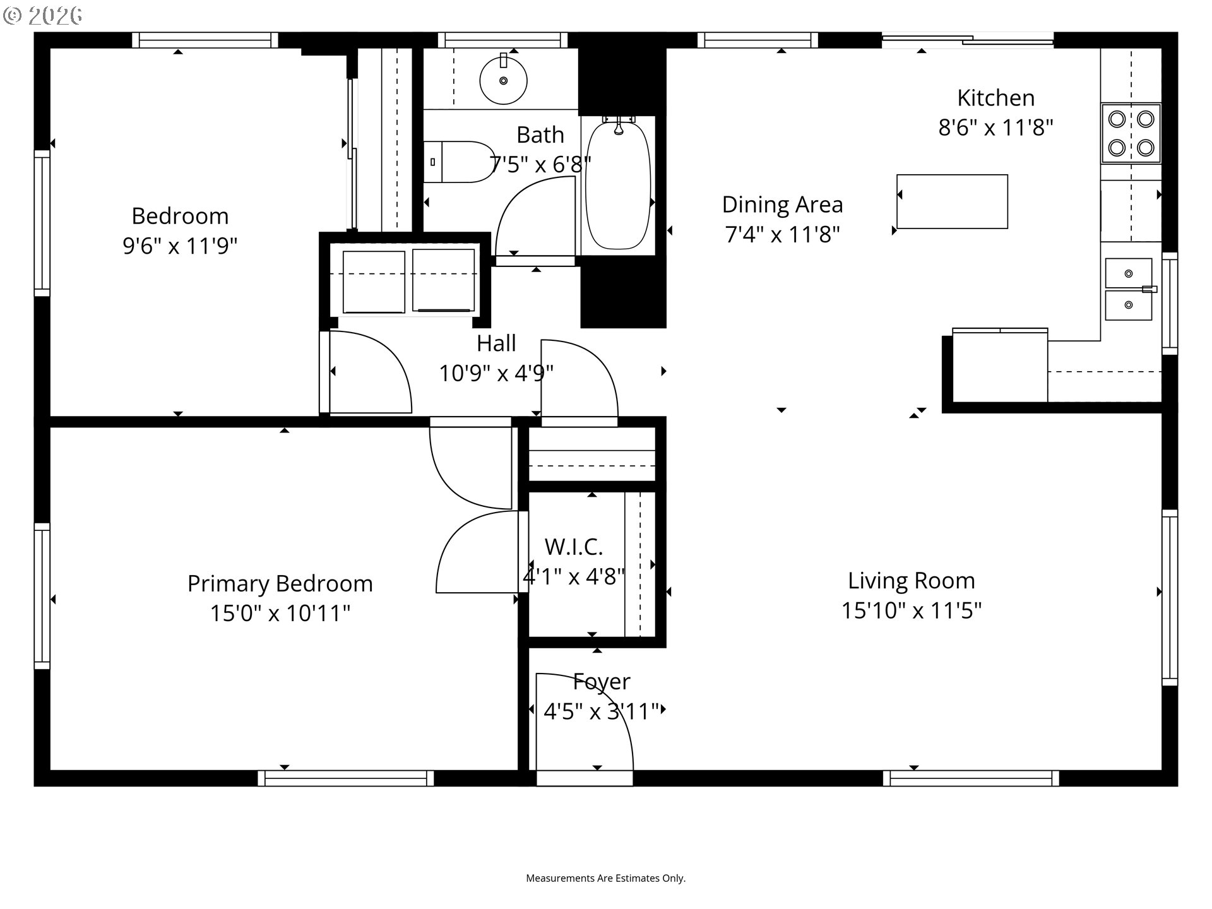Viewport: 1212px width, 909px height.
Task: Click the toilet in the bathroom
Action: click(x=459, y=162)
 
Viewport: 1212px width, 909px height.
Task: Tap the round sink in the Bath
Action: click(x=503, y=81)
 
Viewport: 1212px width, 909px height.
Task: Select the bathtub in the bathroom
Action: click(x=618, y=185)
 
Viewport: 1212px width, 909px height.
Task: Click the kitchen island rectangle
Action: click(x=952, y=201)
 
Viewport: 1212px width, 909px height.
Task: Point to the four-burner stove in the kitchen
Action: click(x=1131, y=133)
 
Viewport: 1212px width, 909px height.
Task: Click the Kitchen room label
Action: click(x=995, y=98)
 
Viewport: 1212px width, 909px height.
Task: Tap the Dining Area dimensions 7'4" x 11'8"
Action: click(x=782, y=235)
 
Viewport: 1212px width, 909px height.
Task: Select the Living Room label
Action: click(x=911, y=581)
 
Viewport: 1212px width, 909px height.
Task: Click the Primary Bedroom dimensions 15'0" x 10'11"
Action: click(x=280, y=613)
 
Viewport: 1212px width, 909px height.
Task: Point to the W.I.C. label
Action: click(x=573, y=547)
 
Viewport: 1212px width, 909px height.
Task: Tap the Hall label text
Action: click(x=496, y=343)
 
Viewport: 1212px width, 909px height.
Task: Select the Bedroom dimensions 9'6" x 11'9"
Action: click(x=180, y=246)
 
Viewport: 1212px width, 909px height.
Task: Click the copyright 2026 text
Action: click(x=43, y=16)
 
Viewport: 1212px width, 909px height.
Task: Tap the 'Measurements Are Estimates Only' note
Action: click(x=605, y=878)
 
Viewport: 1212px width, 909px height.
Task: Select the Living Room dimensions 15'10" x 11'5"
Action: click(x=911, y=611)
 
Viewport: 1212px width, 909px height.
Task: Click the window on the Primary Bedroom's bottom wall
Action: click(x=346, y=778)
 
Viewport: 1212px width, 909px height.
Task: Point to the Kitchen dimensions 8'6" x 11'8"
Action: click(x=995, y=128)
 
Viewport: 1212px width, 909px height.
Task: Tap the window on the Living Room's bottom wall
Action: click(x=971, y=778)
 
